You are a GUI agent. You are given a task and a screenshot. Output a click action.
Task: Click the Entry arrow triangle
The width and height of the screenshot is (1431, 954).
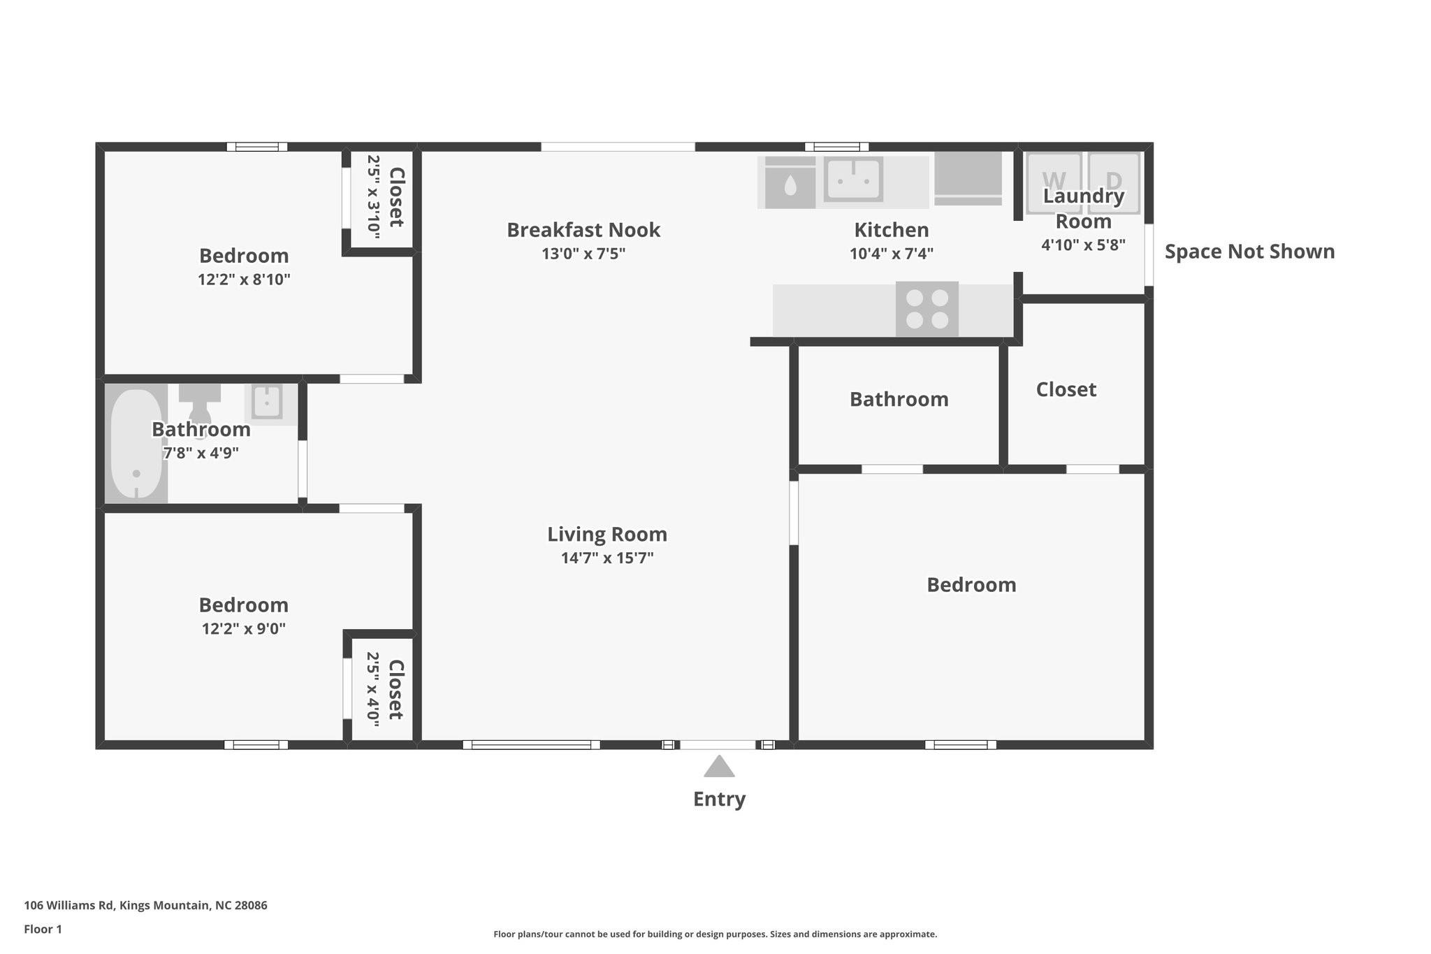click(719, 767)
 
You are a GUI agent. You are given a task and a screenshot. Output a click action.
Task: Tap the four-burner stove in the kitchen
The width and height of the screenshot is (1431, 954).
click(927, 309)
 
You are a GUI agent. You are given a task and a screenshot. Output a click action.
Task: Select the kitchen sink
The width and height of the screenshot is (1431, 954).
click(853, 180)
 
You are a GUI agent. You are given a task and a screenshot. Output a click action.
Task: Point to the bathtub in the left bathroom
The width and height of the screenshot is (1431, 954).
click(136, 444)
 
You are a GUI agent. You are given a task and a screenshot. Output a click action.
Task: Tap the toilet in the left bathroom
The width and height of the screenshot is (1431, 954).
click(199, 401)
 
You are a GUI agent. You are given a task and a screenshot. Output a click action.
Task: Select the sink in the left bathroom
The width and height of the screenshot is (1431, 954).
click(266, 403)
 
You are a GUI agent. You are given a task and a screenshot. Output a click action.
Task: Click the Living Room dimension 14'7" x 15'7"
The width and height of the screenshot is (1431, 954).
click(606, 558)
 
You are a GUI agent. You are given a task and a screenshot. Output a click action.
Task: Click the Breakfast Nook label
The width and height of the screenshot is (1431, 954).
click(583, 230)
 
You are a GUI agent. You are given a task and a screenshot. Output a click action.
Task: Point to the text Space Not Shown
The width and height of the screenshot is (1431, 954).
click(1249, 252)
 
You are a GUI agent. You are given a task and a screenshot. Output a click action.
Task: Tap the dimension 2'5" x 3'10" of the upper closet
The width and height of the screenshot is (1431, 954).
click(374, 197)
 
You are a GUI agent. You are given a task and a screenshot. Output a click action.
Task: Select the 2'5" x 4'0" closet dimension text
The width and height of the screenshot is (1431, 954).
click(374, 690)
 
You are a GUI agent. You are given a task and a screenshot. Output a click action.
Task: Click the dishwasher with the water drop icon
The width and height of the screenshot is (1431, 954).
click(790, 184)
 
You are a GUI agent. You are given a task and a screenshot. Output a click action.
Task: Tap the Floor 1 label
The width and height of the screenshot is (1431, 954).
click(43, 929)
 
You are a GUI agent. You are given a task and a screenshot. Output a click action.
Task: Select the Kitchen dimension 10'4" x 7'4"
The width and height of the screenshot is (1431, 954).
click(891, 254)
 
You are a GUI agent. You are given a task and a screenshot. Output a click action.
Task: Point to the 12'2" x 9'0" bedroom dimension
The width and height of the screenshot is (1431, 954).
click(243, 628)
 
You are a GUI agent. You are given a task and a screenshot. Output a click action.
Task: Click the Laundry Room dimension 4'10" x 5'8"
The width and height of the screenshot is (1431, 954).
click(1082, 245)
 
